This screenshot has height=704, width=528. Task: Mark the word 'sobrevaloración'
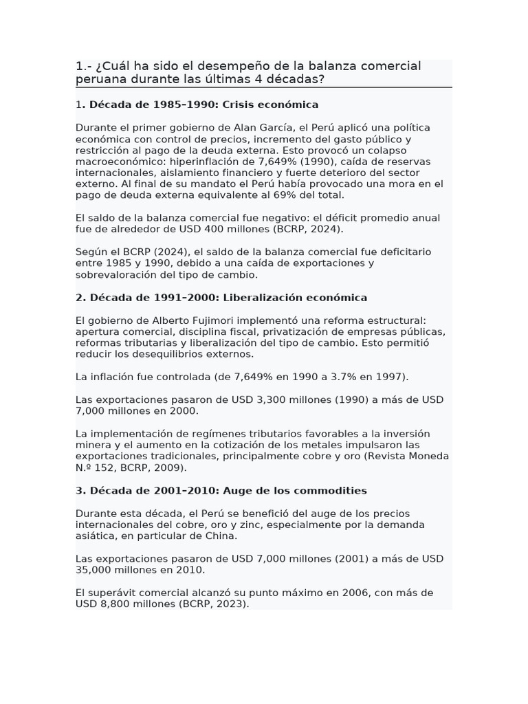coord(115,274)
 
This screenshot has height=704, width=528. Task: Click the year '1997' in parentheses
coord(389,377)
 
